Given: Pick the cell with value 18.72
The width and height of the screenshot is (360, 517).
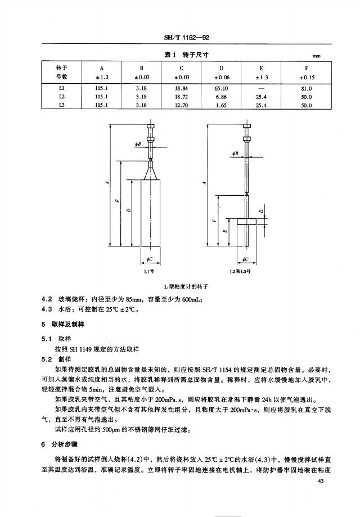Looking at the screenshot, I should pos(181,97).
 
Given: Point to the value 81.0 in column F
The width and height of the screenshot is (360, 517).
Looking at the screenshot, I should pos(307,88).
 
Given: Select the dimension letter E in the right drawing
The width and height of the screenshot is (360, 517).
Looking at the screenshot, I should pos(225,231).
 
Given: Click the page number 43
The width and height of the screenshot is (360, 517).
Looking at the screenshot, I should pos(321,481).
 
